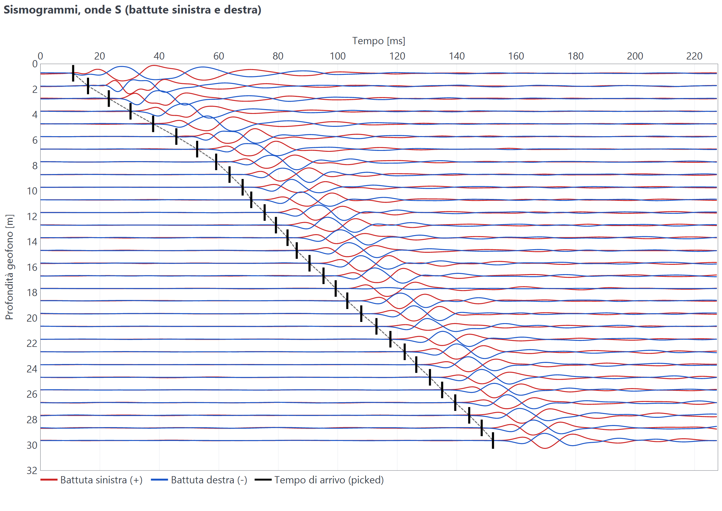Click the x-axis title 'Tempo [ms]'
[378, 41]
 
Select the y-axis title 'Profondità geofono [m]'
[9, 267]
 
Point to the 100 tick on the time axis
[338, 56]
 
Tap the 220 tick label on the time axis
[694, 56]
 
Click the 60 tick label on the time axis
[218, 56]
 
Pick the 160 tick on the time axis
[516, 56]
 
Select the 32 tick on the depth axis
[32, 470]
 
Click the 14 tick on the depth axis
[32, 242]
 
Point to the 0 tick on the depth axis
[35, 64]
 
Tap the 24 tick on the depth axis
[32, 369]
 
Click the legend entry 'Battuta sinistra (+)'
[91, 480]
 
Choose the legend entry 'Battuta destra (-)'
[199, 480]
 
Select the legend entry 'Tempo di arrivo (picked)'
[319, 480]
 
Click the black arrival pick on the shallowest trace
[73, 73]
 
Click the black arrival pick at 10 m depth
[242, 187]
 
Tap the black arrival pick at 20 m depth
[361, 314]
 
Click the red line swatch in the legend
[49, 480]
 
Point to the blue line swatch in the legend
[159, 480]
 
